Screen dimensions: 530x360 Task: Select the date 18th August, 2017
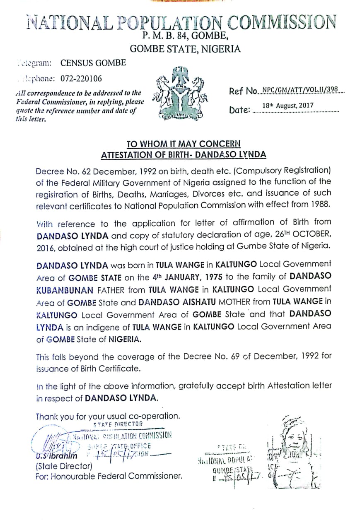coord(288,106)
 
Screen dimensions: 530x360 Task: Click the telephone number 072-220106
coord(81,78)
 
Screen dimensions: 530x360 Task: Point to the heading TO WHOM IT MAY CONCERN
coord(183,144)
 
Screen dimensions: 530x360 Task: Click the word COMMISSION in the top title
coord(282,22)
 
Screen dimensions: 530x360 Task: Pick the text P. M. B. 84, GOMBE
coord(184,36)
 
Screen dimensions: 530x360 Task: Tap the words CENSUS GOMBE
coord(93,63)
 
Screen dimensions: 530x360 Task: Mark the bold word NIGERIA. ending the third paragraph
coord(125,340)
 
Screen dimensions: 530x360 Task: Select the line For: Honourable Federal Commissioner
coord(109,476)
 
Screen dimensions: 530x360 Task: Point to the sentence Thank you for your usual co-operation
coord(108,416)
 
